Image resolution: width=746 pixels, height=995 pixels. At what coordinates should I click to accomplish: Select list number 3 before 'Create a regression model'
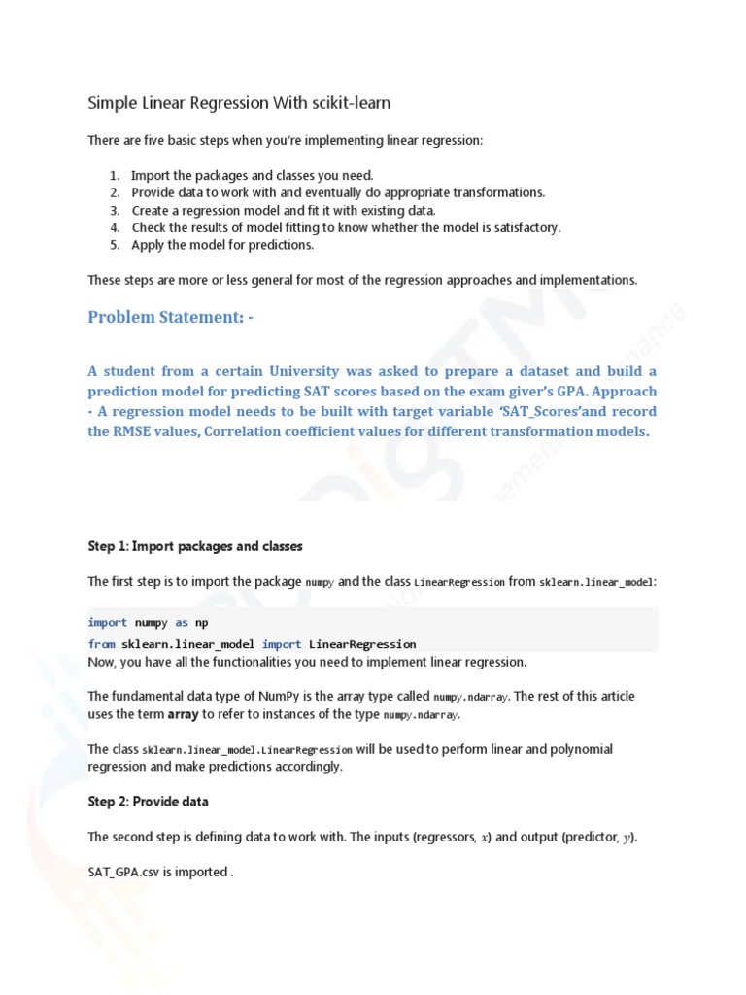(x=114, y=210)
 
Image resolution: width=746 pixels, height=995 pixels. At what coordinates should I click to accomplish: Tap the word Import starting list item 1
(x=153, y=175)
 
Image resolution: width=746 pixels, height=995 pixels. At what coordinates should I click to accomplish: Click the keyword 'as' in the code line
(x=182, y=623)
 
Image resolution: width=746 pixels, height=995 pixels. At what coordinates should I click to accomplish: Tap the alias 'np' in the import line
(x=202, y=623)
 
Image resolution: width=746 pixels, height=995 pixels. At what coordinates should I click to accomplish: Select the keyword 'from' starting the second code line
(x=101, y=644)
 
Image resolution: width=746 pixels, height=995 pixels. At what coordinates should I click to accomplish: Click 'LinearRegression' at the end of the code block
(x=362, y=644)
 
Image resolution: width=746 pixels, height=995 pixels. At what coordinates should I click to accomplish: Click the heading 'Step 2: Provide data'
(x=148, y=802)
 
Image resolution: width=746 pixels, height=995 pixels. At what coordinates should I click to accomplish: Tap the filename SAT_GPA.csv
(x=126, y=872)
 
